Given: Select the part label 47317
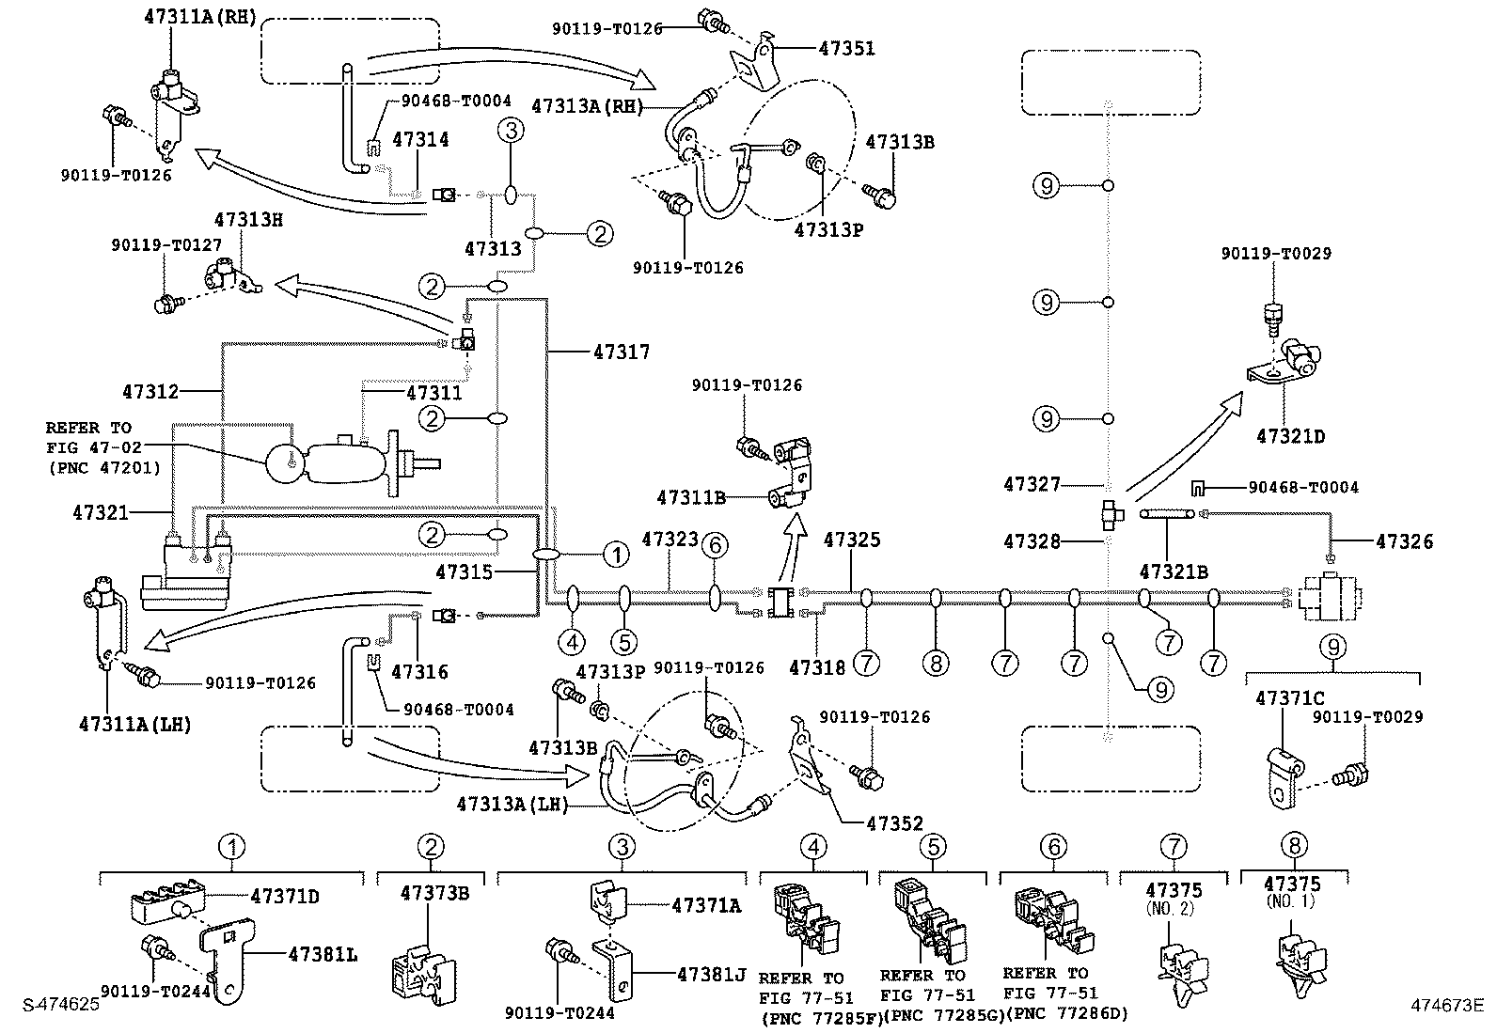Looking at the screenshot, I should [x=621, y=352].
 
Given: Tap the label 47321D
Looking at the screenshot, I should [x=1291, y=437].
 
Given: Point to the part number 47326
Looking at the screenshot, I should [x=1404, y=541].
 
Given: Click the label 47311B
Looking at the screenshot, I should [x=691, y=496].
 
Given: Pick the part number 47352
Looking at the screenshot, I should [x=894, y=823].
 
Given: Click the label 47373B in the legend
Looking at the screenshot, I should [x=433, y=892].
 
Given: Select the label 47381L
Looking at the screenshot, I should [x=323, y=954].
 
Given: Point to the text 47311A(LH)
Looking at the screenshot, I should [x=135, y=724].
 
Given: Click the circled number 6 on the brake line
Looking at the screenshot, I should [x=715, y=544].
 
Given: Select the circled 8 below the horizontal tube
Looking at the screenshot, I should [x=936, y=664].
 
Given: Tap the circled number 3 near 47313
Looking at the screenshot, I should [x=511, y=131].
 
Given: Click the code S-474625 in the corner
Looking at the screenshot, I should [x=61, y=1004].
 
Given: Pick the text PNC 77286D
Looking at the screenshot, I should [x=1067, y=1013].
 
